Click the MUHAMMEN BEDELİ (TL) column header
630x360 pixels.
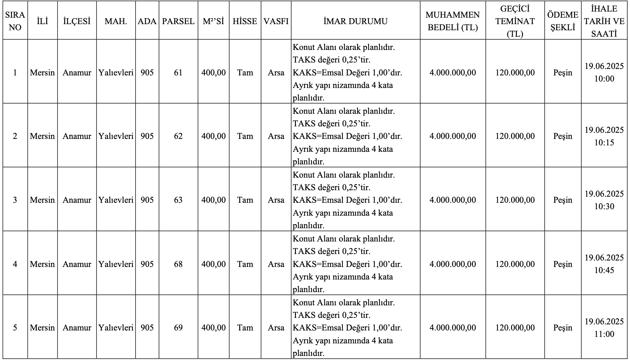pyautogui.click(x=453, y=21)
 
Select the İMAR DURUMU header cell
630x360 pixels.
pyautogui.click(x=355, y=21)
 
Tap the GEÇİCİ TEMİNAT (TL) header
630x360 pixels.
pyautogui.click(x=515, y=21)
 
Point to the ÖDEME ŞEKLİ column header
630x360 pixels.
pyautogui.click(x=563, y=21)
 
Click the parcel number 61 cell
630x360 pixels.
pyautogui.click(x=178, y=72)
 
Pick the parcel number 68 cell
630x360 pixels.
pyautogui.click(x=178, y=264)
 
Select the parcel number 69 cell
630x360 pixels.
pyautogui.click(x=178, y=327)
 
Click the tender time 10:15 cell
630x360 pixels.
pyautogui.click(x=604, y=136)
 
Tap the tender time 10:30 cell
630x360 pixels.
pyautogui.click(x=604, y=200)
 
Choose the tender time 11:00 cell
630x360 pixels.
pyautogui.click(x=604, y=328)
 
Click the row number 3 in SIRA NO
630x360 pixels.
pyautogui.click(x=15, y=200)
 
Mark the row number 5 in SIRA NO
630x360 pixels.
pyautogui.click(x=15, y=327)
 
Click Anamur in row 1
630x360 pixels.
pyautogui.click(x=77, y=72)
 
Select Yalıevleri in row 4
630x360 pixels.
pyautogui.click(x=116, y=264)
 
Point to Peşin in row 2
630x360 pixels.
pyautogui.click(x=563, y=136)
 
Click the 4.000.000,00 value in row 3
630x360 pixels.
pyautogui.click(x=453, y=200)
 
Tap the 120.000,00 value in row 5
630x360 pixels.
pyautogui.click(x=515, y=327)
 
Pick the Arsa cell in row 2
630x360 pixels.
pyautogui.click(x=276, y=136)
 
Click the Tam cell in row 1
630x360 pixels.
pyautogui.click(x=245, y=72)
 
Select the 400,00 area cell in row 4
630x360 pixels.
pyautogui.click(x=213, y=264)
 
